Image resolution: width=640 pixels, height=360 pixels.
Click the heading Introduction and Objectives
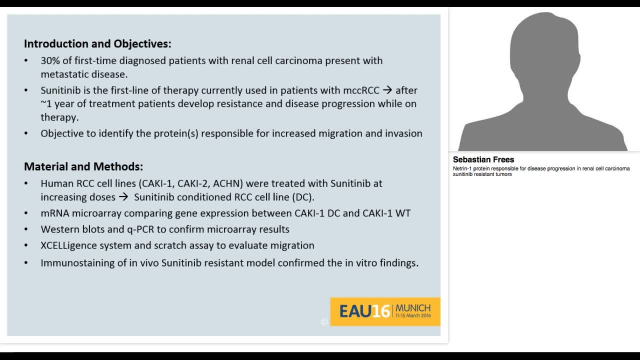pos(97,44)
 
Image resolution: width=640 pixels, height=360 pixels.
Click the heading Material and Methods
pos(83,166)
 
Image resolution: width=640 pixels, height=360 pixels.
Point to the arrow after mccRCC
pos(387,90)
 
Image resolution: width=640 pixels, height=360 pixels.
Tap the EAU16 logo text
pos(364,311)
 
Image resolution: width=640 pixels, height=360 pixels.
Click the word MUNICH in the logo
pos(413,307)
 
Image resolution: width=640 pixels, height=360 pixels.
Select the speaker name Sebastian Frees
pos(483,159)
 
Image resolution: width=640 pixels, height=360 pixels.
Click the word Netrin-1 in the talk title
pos(463,168)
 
